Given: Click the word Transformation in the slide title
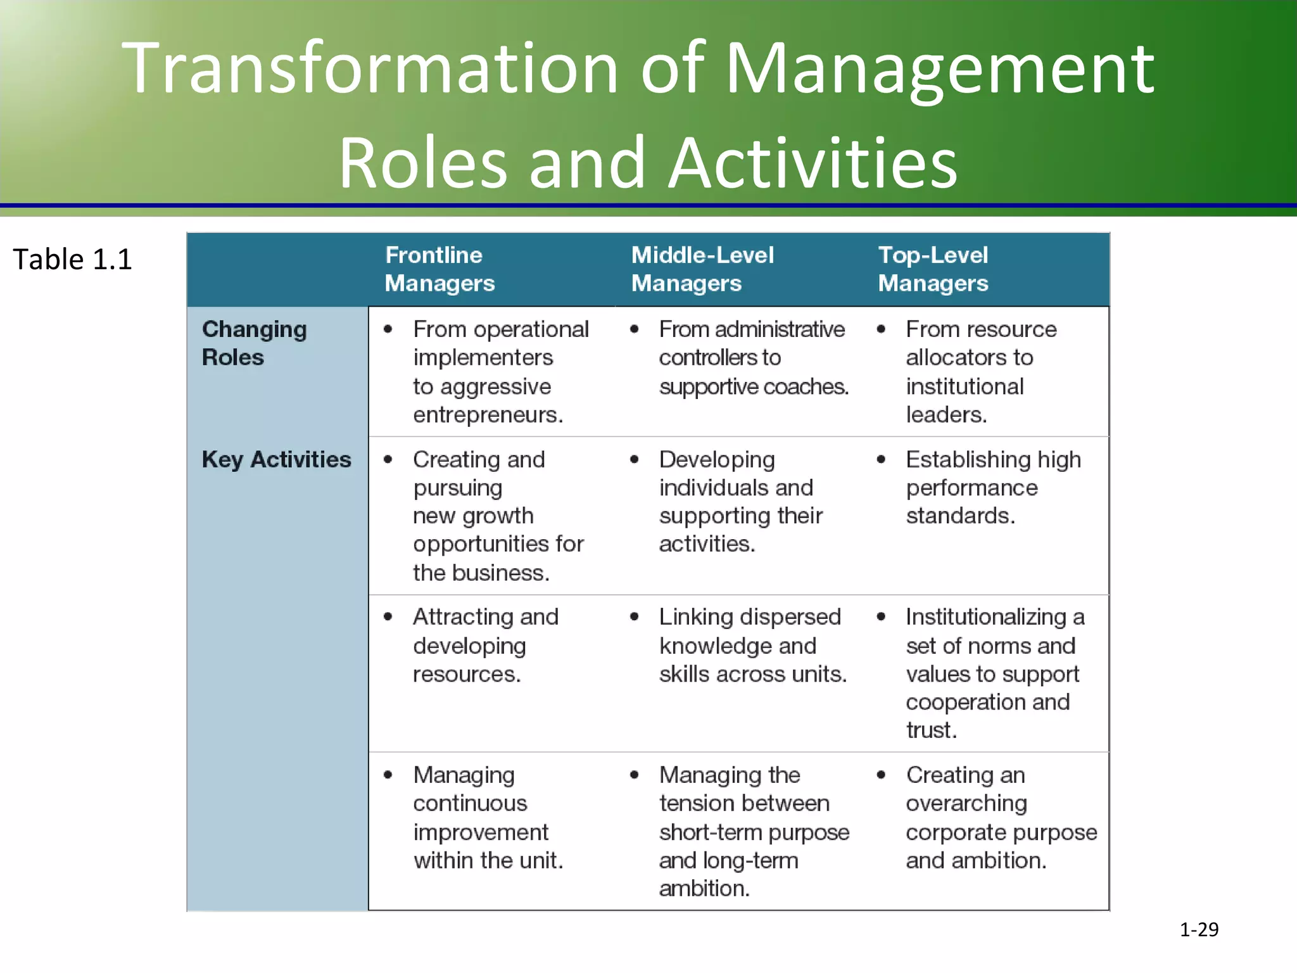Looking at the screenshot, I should point(369,68).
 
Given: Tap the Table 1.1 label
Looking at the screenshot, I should point(72,259).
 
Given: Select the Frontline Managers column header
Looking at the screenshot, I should point(440,269).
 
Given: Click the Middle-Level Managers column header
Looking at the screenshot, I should point(702,269).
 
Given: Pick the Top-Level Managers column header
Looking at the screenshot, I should point(933,269).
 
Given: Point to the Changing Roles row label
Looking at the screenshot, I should point(254,343).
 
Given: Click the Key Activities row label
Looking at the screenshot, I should point(276,459).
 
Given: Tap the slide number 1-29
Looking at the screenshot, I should point(1199,929).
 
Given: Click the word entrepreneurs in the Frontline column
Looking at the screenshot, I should point(487,415).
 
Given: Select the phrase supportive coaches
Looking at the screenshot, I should point(753,386).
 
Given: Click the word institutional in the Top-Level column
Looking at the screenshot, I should point(965,386).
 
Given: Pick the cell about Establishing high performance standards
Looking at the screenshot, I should point(992,487).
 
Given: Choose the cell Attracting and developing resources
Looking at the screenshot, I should point(485,645).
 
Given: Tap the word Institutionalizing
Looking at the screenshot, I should point(986,617).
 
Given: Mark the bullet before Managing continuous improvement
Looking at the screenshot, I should point(388,775).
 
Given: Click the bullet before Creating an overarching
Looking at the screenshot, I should point(881,775).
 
